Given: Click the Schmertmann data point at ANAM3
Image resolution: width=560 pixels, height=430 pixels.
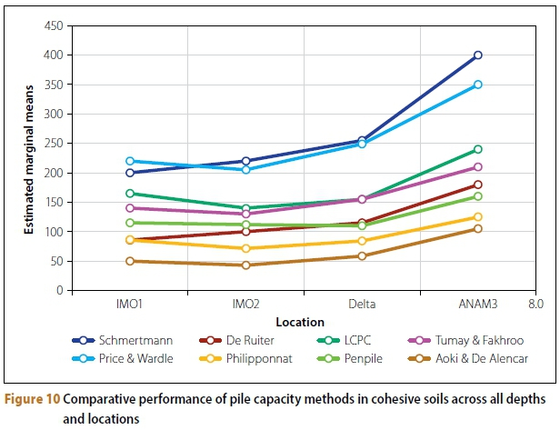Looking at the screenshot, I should (477, 55).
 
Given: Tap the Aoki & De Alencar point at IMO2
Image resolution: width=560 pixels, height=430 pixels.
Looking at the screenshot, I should (245, 265).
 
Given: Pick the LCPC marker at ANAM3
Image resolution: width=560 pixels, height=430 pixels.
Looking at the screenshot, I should (477, 149).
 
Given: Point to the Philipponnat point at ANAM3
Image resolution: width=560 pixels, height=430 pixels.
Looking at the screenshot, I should (477, 216).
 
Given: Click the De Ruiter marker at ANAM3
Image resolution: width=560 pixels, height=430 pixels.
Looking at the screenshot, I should (477, 185).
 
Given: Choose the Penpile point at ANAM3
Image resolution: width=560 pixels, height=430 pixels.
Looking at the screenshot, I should (477, 196).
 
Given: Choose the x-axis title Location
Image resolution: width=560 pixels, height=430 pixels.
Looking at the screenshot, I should (302, 322).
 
